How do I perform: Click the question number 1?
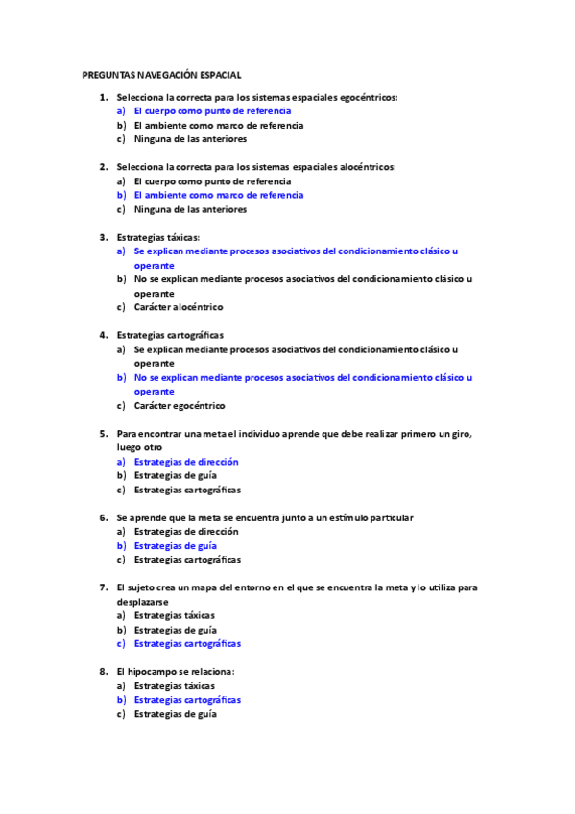pyautogui.click(x=102, y=97)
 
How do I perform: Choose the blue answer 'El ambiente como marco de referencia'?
pyautogui.click(x=218, y=195)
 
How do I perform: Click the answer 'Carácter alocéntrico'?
pyautogui.click(x=179, y=307)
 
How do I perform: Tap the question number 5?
pyautogui.click(x=102, y=433)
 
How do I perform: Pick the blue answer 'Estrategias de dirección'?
pyautogui.click(x=186, y=462)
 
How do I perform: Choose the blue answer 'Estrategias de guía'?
pyautogui.click(x=175, y=545)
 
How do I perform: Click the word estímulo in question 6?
pyautogui.click(x=352, y=517)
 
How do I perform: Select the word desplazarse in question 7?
pyautogui.click(x=143, y=601)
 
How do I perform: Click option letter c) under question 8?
pyautogui.click(x=121, y=714)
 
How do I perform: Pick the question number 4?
pyautogui.click(x=102, y=335)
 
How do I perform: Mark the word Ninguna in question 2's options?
pyautogui.click(x=152, y=209)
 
